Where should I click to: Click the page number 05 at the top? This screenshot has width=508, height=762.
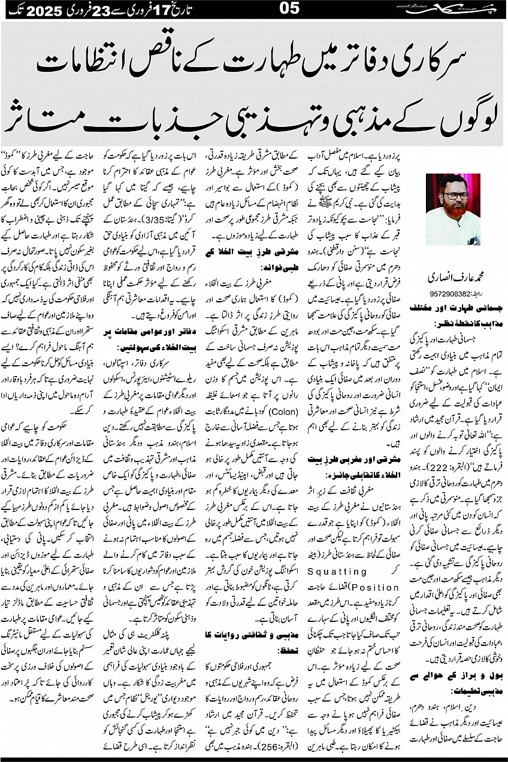[254, 10]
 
